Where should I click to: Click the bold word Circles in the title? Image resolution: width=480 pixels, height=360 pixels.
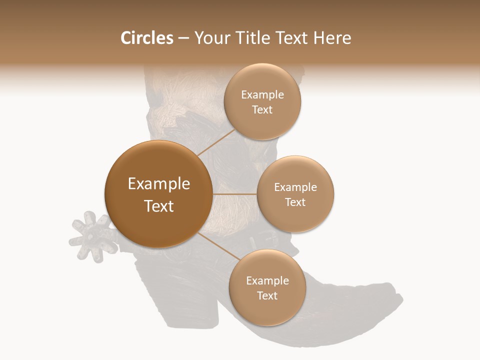tap(147, 38)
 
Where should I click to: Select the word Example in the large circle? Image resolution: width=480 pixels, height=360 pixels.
tap(159, 184)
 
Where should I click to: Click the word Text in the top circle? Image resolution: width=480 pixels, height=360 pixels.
tap(262, 110)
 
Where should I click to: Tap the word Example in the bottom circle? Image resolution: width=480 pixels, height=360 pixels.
tap(267, 281)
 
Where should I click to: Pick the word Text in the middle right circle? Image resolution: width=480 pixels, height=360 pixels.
tap(295, 202)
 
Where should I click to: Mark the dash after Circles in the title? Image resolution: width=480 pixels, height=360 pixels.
tap(183, 38)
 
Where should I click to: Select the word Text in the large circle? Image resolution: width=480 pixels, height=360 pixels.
tap(159, 206)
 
